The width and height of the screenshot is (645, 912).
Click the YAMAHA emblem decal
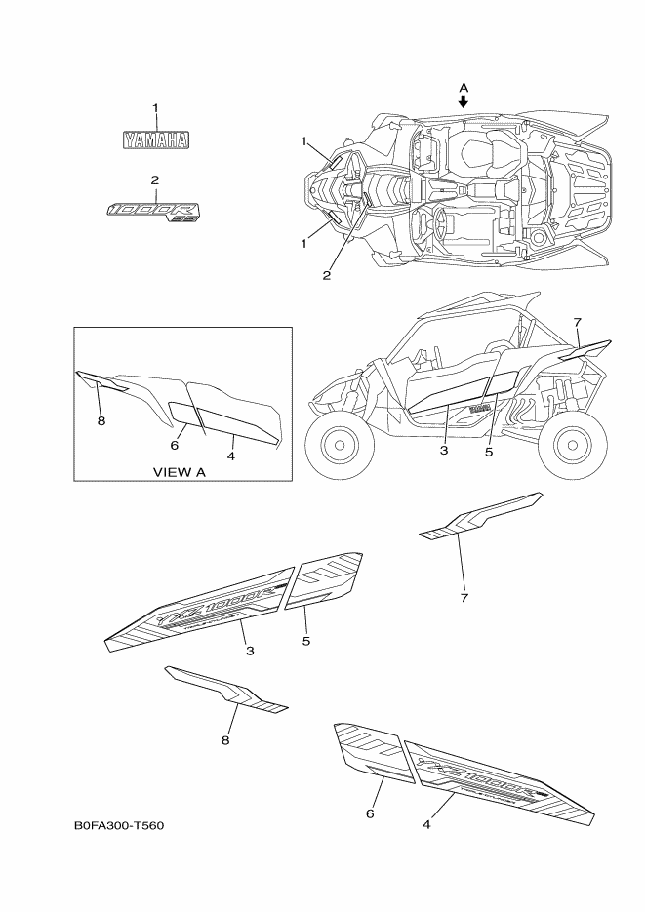(155, 140)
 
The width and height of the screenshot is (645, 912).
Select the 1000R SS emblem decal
(154, 210)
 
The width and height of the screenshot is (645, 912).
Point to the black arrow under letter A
(464, 100)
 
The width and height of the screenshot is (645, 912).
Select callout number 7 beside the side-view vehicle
(577, 321)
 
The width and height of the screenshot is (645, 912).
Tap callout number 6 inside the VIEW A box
(175, 444)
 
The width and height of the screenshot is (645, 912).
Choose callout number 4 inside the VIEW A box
(231, 454)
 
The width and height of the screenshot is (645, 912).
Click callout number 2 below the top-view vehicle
(327, 275)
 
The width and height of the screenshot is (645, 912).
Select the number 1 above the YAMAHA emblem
(154, 107)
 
